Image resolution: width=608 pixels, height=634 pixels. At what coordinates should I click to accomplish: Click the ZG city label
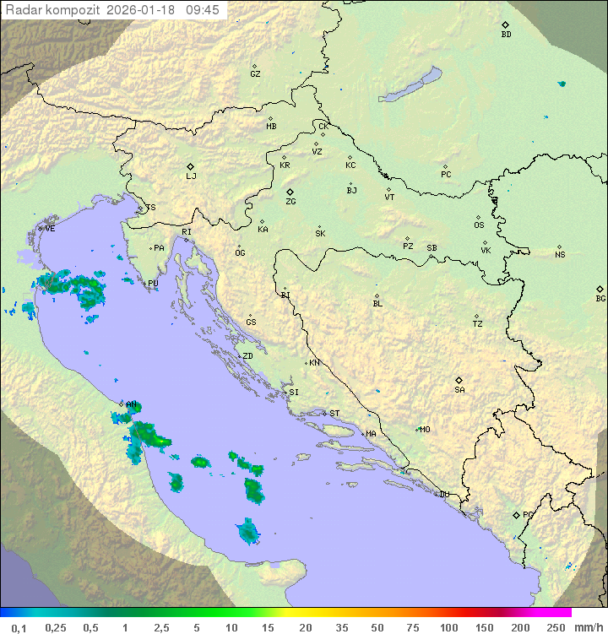[x=290, y=203]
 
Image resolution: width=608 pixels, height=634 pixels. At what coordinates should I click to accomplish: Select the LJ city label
[x=191, y=176]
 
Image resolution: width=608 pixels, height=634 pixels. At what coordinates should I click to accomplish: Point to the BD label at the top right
[x=506, y=35]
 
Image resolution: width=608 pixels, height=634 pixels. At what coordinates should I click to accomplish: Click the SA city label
[x=459, y=390]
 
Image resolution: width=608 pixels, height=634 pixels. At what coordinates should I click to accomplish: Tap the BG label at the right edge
[x=600, y=299]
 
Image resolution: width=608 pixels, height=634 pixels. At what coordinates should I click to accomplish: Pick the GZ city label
[x=255, y=74]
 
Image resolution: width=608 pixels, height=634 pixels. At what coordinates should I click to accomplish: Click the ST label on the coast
[x=334, y=414]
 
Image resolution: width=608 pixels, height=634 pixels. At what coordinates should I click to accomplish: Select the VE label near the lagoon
[x=50, y=229]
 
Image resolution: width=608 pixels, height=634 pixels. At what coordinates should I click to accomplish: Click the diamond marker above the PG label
[x=516, y=514]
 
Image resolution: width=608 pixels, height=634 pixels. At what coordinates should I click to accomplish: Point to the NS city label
[x=560, y=255]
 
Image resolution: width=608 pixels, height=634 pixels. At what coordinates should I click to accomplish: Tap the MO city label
[x=425, y=430]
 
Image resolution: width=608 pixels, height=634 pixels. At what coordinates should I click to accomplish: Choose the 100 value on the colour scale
[x=448, y=627]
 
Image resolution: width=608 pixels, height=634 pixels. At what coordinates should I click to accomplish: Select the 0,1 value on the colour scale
[x=18, y=627]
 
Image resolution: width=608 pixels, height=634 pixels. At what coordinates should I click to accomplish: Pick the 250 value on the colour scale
[x=556, y=627]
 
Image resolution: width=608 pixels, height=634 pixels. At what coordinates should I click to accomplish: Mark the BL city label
[x=377, y=304]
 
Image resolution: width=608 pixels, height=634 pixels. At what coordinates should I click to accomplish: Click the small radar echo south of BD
[x=562, y=84]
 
